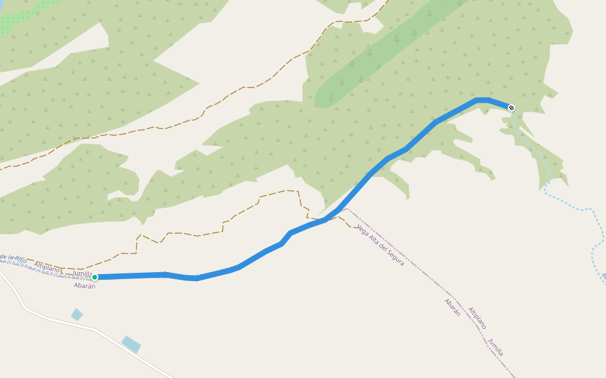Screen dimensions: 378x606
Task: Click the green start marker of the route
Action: coord(95,277)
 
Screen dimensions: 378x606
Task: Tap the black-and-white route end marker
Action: coord(511,108)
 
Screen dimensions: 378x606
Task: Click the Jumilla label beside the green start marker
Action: coord(83,273)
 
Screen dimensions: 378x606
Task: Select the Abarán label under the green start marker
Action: coord(84,285)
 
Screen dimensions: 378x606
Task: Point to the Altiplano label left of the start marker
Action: coord(47,267)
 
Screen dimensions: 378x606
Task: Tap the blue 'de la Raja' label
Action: coord(13,258)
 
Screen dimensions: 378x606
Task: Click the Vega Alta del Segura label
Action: coord(380,245)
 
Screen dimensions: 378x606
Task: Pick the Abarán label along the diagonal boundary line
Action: coord(453,307)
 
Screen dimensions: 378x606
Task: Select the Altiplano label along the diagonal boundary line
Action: coord(477,319)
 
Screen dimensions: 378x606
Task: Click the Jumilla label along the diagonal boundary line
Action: coord(496,347)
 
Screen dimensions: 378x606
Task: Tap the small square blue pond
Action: coord(77,314)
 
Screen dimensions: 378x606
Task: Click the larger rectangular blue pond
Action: coord(131,345)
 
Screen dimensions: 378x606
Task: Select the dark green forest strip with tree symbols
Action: coord(391,50)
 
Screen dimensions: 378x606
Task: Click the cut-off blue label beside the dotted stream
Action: coord(603,276)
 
